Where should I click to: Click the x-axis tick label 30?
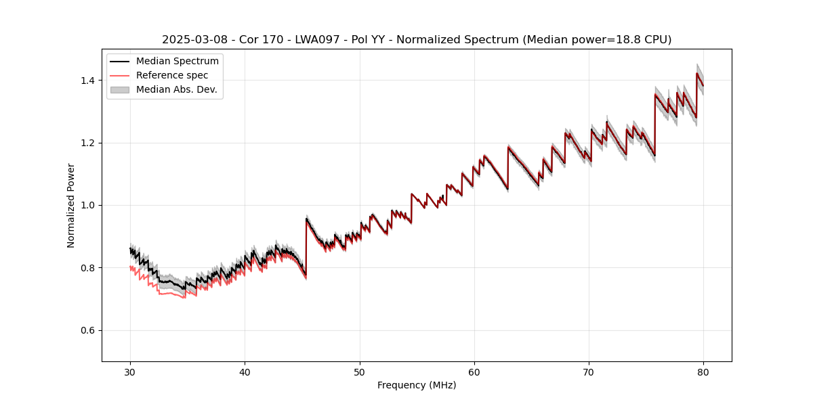pyautogui.click(x=130, y=371)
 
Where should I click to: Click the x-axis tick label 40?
pyautogui.click(x=245, y=371)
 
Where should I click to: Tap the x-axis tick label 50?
pyautogui.click(x=359, y=371)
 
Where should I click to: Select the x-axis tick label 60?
pyautogui.click(x=474, y=371)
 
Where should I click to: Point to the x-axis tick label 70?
pyautogui.click(x=589, y=371)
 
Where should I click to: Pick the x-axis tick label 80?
pyautogui.click(x=703, y=371)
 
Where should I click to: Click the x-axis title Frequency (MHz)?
pyautogui.click(x=417, y=385)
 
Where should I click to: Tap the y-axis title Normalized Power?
pyautogui.click(x=71, y=205)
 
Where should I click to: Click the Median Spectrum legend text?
pyautogui.click(x=178, y=62)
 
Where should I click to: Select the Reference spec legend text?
pyautogui.click(x=172, y=75)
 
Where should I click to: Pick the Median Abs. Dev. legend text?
pyautogui.click(x=177, y=89)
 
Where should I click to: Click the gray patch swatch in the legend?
pyautogui.click(x=121, y=89)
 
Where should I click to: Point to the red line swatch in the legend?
pyautogui.click(x=121, y=75)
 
